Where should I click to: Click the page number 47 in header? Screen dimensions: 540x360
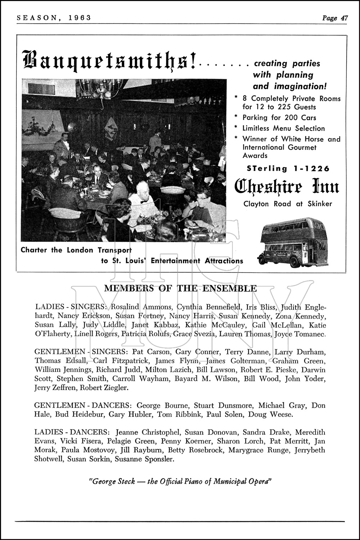tap(343, 18)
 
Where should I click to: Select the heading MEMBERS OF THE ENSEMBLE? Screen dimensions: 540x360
tap(180, 288)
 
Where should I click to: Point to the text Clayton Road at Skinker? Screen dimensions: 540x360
tap(288, 204)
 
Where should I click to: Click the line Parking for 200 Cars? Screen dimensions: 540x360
tap(279, 118)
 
